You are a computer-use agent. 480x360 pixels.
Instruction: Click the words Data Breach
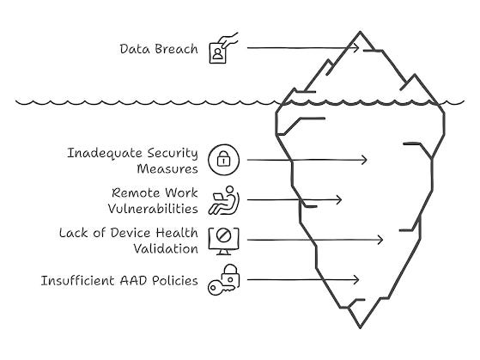point(159,49)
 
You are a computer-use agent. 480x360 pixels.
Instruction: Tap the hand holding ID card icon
point(223,48)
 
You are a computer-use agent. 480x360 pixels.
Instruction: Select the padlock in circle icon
point(224,160)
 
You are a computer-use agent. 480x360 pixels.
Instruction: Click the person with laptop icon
point(224,200)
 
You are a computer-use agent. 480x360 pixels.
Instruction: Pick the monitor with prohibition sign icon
point(224,241)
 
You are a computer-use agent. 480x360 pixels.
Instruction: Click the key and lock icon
point(224,280)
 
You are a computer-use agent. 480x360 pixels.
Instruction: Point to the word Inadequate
point(105,153)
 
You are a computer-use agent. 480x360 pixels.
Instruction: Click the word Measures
point(167,169)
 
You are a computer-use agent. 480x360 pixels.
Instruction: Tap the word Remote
point(136,193)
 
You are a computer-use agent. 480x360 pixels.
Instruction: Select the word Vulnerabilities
point(153,209)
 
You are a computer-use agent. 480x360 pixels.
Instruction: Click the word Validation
point(166,249)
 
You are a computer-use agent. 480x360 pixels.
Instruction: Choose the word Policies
point(175,281)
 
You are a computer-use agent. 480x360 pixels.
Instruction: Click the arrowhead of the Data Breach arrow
point(357,48)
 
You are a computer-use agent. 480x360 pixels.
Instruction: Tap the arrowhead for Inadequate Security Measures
point(366,160)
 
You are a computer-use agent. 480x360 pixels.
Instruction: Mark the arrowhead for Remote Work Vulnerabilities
point(340,200)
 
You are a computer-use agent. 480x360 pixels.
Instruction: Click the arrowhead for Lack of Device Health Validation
point(381,240)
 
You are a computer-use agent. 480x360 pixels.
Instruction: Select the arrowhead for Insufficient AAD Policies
point(357,279)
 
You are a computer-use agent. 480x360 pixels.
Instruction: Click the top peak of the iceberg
point(361,32)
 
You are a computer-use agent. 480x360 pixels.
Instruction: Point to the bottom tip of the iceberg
point(360,328)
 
